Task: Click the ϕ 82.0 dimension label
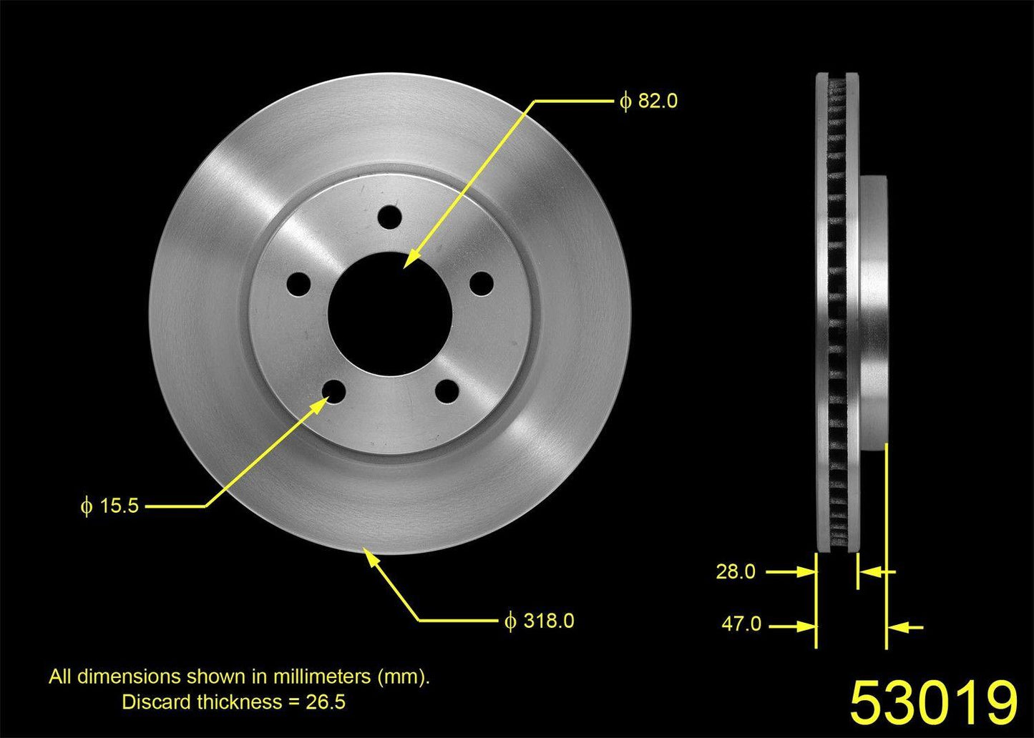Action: pos(648,101)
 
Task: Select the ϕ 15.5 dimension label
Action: pos(109,506)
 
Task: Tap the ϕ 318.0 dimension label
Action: pos(540,621)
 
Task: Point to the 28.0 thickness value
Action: pos(736,572)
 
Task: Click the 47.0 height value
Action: pos(741,624)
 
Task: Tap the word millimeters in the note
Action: pos(323,676)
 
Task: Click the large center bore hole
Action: pos(390,314)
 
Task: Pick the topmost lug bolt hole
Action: pos(389,217)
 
